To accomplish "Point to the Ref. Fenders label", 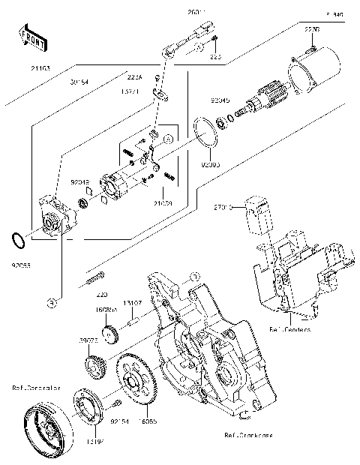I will (x=289, y=328).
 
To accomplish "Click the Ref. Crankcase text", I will (x=226, y=435).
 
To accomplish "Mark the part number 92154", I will (x=118, y=422).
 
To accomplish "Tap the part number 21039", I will (x=163, y=203).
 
